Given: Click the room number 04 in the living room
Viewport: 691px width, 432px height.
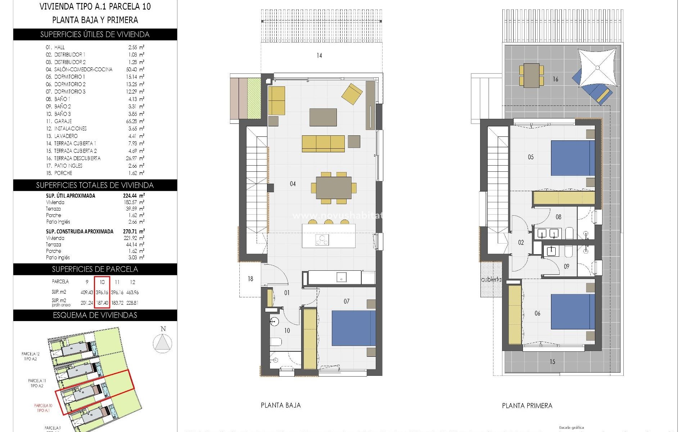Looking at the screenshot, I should pyautogui.click(x=293, y=184).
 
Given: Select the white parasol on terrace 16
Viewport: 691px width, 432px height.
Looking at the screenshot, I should pyautogui.click(x=597, y=67).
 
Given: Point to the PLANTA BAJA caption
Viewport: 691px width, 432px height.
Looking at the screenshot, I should pyautogui.click(x=280, y=405).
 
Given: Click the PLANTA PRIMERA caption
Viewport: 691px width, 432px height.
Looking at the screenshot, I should pyautogui.click(x=527, y=406).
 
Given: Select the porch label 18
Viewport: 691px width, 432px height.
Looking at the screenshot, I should pyautogui.click(x=250, y=279).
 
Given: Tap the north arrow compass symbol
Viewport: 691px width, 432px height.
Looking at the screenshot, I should pyautogui.click(x=163, y=342).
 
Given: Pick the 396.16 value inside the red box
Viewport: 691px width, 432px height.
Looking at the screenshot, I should pyautogui.click(x=102, y=292).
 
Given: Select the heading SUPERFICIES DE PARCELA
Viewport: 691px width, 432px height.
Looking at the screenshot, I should pyautogui.click(x=95, y=269).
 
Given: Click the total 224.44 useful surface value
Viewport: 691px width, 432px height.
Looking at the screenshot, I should pyautogui.click(x=131, y=196).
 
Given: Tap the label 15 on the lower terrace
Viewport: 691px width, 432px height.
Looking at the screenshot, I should pyautogui.click(x=552, y=362).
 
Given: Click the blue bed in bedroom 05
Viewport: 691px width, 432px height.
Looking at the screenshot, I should pyautogui.click(x=573, y=158).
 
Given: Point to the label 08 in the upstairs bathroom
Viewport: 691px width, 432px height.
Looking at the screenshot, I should pyautogui.click(x=558, y=217).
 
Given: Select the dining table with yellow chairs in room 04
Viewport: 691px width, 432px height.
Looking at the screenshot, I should pyautogui.click(x=334, y=188).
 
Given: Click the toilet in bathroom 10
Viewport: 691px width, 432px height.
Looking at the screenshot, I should pyautogui.click(x=276, y=342).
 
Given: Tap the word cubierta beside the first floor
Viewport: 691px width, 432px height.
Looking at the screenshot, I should pyautogui.click(x=491, y=279).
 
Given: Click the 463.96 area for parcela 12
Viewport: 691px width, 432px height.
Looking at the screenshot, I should pyautogui.click(x=132, y=292).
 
